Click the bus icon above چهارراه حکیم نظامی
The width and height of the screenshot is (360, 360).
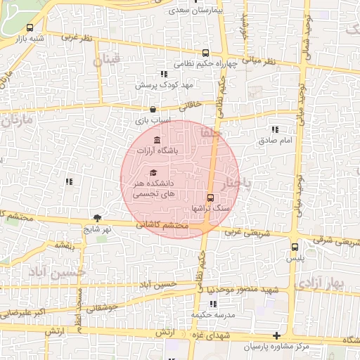[206, 53]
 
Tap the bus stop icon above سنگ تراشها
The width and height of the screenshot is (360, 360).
[210, 198]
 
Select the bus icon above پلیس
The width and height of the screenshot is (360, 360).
[295, 247]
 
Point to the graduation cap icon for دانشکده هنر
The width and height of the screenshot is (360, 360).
[153, 173]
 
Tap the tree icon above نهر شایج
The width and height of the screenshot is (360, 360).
[97, 218]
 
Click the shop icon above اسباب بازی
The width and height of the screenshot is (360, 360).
[153, 110]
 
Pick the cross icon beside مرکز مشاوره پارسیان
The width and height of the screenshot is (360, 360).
[277, 336]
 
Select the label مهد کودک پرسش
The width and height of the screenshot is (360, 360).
[165, 84]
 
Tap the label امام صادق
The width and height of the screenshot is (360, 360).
[274, 141]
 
